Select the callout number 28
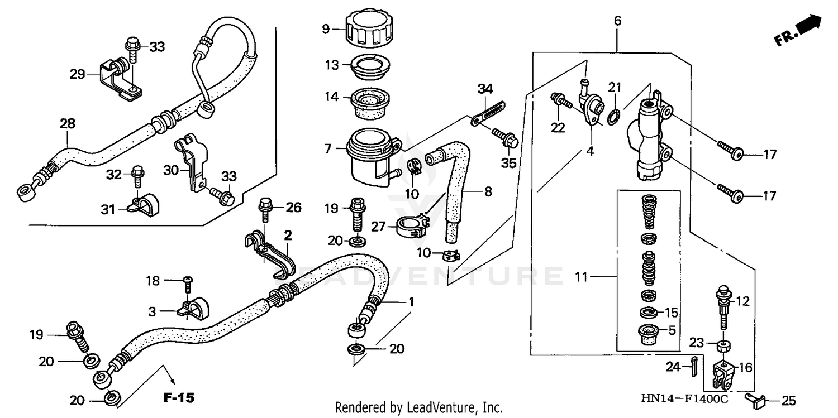68,123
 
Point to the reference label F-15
179,398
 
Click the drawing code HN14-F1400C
684,399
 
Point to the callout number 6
617,22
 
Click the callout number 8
488,193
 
